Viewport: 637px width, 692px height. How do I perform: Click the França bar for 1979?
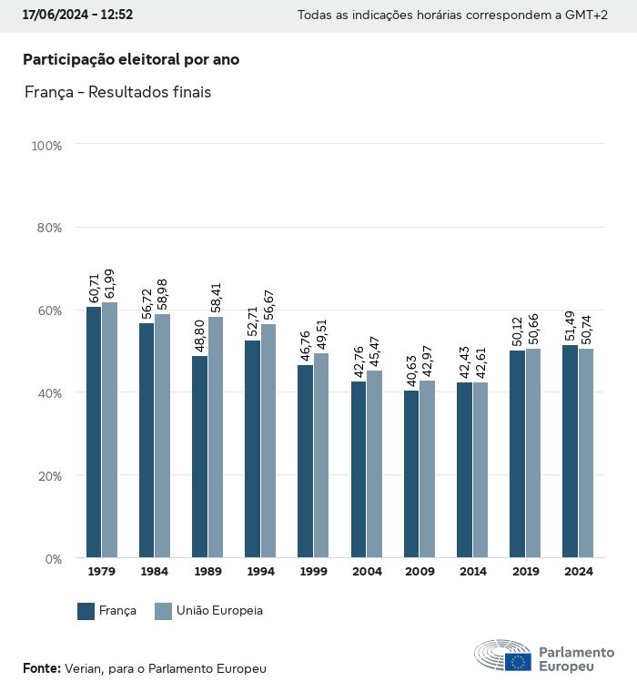tap(94, 432)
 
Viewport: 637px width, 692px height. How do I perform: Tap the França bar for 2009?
tap(411, 473)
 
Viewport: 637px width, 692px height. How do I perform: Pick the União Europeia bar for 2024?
tap(585, 453)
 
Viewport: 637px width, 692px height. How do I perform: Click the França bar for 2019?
tap(517, 453)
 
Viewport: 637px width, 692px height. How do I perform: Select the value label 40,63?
tap(411, 370)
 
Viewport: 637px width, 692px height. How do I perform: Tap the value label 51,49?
tap(570, 324)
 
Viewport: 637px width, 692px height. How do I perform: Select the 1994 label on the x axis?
tap(260, 572)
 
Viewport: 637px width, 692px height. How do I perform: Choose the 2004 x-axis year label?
tap(367, 572)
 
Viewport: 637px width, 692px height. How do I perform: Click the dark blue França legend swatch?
tap(86, 611)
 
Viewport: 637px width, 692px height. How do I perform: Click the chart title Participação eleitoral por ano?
tap(131, 60)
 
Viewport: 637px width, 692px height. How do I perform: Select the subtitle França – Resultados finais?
tap(118, 93)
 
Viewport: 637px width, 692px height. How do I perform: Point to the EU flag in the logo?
tap(519, 662)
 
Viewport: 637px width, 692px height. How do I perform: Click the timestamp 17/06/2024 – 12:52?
tap(77, 15)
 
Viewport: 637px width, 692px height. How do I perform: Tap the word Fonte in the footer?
tap(41, 668)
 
